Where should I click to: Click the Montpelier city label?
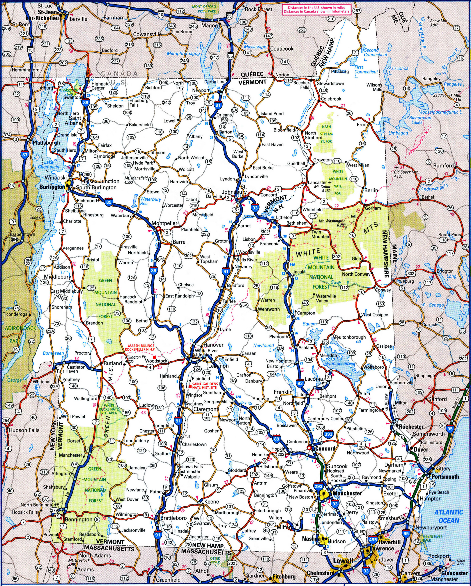click(x=164, y=223)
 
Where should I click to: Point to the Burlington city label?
click(x=52, y=187)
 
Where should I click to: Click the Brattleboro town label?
click(x=173, y=518)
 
